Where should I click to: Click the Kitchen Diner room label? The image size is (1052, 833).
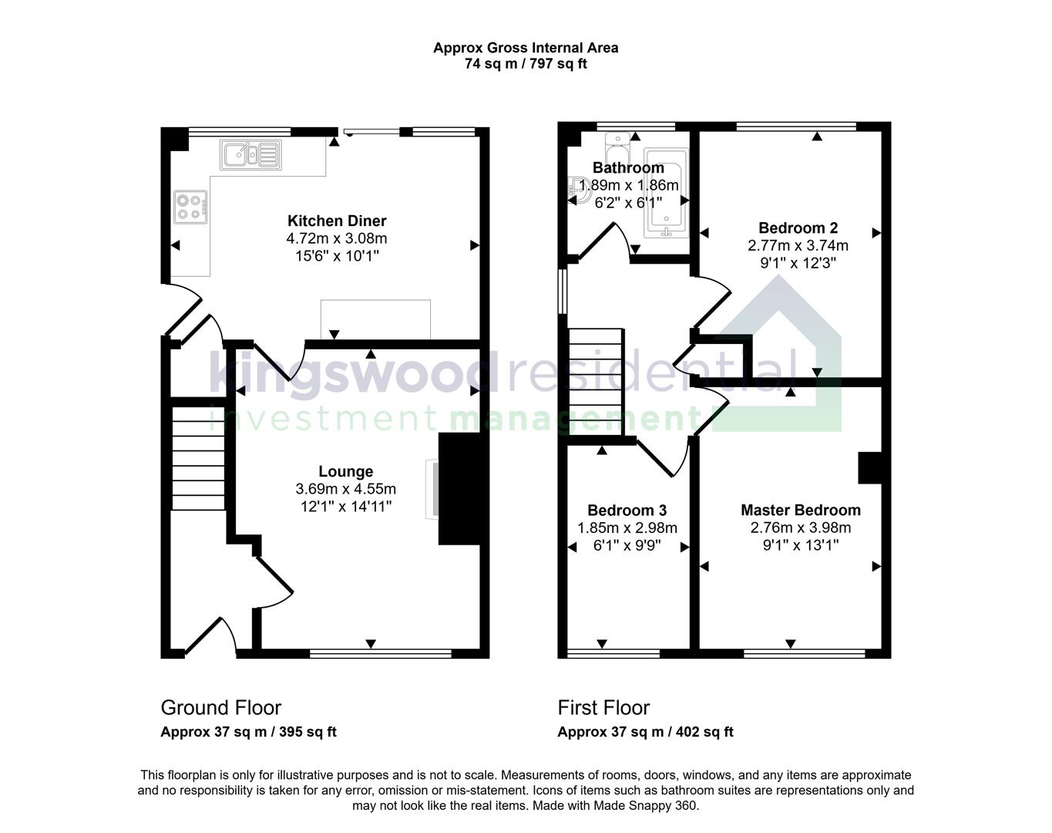tap(337, 221)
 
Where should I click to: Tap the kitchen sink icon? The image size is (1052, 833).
tap(250, 153)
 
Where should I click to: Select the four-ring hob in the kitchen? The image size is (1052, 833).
tap(190, 206)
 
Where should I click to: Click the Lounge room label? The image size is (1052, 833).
tap(345, 471)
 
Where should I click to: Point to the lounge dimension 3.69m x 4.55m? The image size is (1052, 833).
tap(345, 489)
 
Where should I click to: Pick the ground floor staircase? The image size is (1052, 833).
tap(198, 458)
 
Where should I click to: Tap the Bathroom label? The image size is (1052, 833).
tap(628, 167)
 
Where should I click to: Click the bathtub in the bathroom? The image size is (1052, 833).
tap(666, 193)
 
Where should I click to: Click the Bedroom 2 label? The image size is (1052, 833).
tap(798, 228)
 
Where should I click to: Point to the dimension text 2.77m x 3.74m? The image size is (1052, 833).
tap(798, 245)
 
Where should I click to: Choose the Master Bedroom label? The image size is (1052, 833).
tap(800, 510)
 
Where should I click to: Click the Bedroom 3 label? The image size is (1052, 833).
tap(627, 510)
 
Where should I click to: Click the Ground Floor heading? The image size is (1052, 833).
tap(220, 707)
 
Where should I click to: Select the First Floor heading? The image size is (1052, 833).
tap(603, 707)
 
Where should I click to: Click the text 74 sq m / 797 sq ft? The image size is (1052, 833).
tap(526, 64)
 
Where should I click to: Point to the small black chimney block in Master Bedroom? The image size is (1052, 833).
tap(869, 467)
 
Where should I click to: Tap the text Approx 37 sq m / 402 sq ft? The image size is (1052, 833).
tap(645, 732)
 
